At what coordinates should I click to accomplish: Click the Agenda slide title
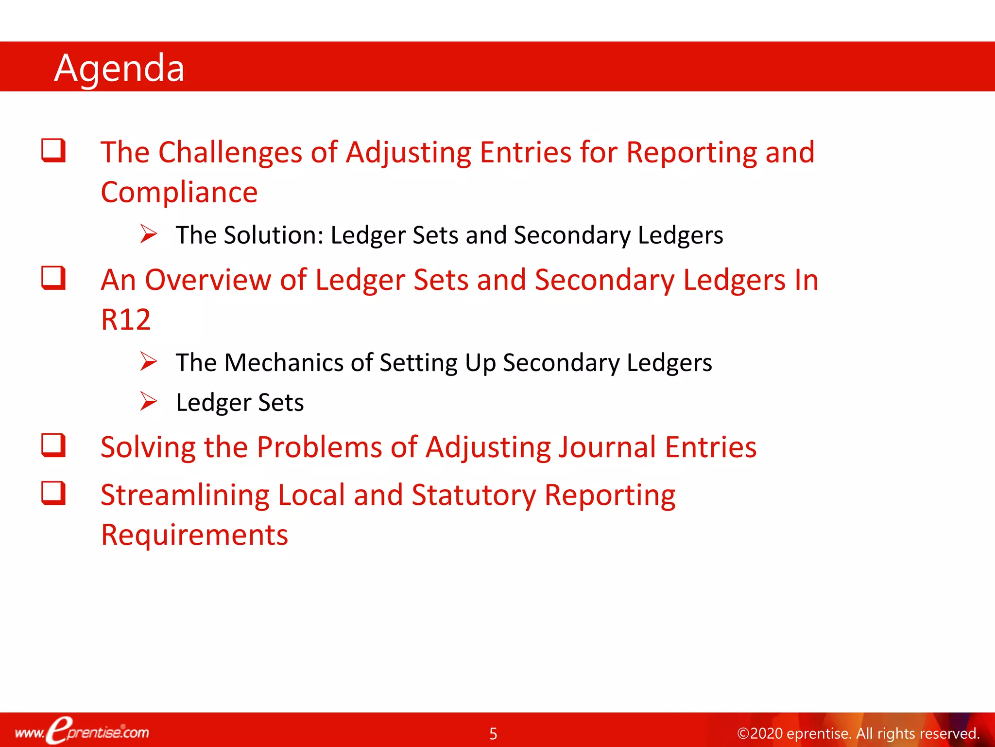(x=119, y=68)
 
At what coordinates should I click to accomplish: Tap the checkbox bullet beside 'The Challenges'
(x=53, y=150)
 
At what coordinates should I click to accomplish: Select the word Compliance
(x=179, y=192)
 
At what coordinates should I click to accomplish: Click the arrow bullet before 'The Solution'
(x=148, y=234)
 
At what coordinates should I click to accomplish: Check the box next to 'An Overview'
(x=53, y=278)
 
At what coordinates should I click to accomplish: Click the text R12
(x=125, y=320)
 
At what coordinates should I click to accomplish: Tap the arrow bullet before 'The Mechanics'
(x=148, y=361)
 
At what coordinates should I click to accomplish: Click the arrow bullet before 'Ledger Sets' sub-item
(x=148, y=401)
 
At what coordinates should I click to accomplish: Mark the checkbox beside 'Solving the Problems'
(x=53, y=445)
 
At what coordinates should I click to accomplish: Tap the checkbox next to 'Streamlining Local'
(x=53, y=493)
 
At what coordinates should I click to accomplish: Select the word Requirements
(x=194, y=535)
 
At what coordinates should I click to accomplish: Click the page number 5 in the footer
(x=493, y=733)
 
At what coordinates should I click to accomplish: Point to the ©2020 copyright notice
(x=858, y=733)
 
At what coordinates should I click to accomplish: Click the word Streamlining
(x=185, y=496)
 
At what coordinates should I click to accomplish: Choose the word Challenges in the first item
(x=230, y=153)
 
